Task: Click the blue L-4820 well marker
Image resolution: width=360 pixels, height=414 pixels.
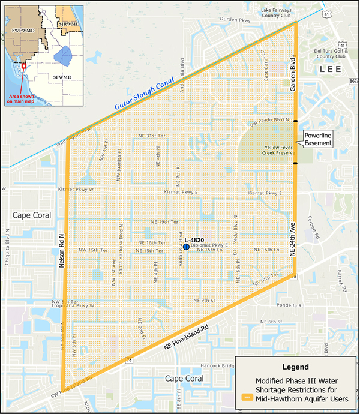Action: (x=186, y=246)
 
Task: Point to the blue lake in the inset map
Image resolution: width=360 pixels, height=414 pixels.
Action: (x=62, y=56)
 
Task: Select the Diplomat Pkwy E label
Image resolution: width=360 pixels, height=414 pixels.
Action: (x=208, y=245)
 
